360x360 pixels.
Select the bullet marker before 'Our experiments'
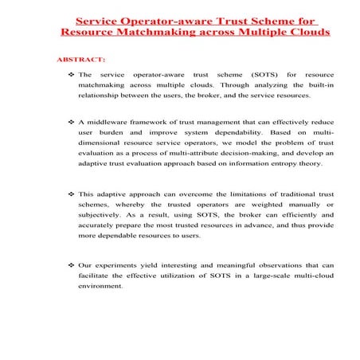[69, 266]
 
